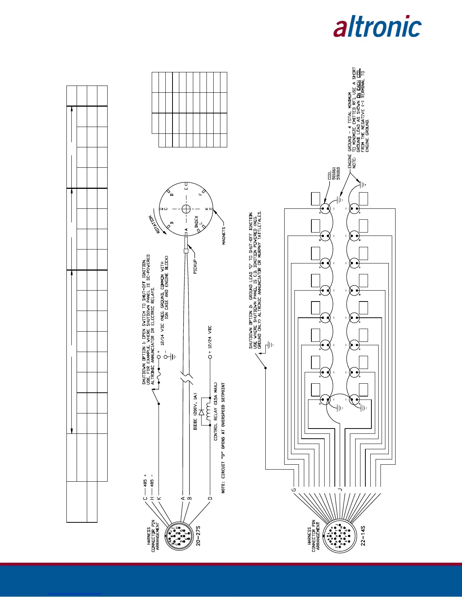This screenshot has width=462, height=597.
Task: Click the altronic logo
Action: click(x=377, y=26)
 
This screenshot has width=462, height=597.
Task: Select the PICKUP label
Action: click(x=196, y=266)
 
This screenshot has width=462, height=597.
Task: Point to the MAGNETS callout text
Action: click(x=224, y=236)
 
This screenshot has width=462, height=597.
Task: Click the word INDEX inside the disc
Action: click(x=196, y=221)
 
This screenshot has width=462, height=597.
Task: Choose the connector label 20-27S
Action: click(x=198, y=536)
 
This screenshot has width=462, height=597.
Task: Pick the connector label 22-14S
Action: click(x=363, y=536)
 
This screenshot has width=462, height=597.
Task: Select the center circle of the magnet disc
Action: click(x=186, y=209)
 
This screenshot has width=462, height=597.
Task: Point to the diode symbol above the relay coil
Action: click(x=201, y=412)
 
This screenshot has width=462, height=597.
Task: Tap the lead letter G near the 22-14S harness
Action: click(x=293, y=490)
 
